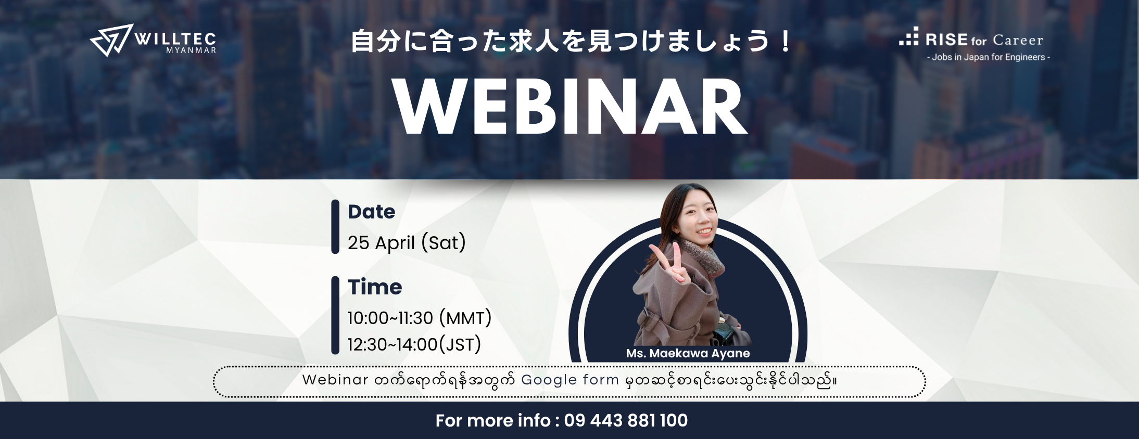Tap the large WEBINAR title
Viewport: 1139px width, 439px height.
(x=569, y=108)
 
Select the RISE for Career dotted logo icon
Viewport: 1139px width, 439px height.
(x=909, y=36)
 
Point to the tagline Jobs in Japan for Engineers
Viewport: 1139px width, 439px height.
(x=989, y=57)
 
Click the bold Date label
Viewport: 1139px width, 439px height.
(x=372, y=212)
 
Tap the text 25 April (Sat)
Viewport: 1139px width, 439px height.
(x=407, y=242)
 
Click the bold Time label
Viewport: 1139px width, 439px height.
(x=375, y=287)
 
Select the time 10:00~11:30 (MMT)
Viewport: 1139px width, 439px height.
(x=420, y=318)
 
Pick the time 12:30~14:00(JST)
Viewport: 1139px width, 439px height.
(x=414, y=344)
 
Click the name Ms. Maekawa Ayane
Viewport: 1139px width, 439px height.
(x=688, y=353)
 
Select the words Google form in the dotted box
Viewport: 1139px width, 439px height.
(x=570, y=380)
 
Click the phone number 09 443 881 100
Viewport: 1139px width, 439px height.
(x=626, y=420)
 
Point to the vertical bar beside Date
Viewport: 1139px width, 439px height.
(x=335, y=227)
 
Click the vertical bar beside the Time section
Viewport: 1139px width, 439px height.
(x=335, y=315)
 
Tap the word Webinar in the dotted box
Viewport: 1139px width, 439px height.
(x=335, y=380)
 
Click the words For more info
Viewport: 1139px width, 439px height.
(x=493, y=420)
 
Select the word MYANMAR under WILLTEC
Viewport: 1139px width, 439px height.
(x=191, y=50)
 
